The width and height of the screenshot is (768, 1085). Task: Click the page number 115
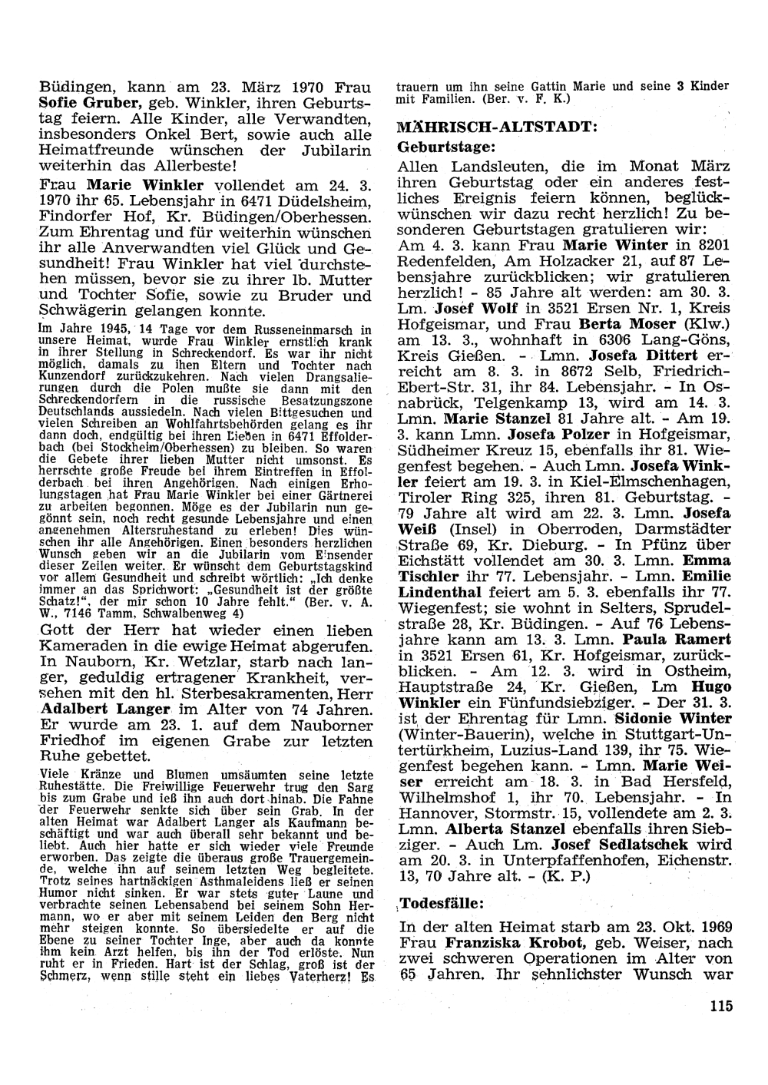tap(722, 1007)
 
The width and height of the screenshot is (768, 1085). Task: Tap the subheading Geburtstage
tap(448, 145)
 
